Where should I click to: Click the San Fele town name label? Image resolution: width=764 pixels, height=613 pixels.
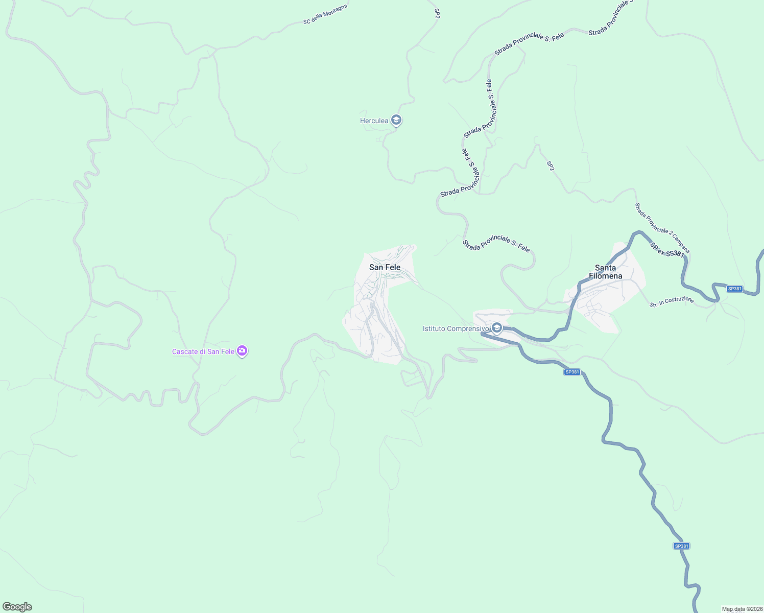click(385, 267)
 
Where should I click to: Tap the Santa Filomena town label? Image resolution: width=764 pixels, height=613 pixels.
click(606, 272)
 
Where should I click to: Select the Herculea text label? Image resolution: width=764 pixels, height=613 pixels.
click(374, 121)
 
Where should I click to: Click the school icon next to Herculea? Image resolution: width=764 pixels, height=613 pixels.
click(396, 121)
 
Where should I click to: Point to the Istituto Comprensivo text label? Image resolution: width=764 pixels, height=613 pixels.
click(456, 328)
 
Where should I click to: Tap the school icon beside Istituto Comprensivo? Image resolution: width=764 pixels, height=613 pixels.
click(496, 328)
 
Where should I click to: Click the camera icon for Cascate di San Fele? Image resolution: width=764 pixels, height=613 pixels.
click(242, 351)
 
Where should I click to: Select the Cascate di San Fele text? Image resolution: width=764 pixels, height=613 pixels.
click(203, 351)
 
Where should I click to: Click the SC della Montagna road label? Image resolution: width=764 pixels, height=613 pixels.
click(325, 14)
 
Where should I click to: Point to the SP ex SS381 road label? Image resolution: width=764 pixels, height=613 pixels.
click(667, 250)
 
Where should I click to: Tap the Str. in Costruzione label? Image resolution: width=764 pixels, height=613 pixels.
click(672, 301)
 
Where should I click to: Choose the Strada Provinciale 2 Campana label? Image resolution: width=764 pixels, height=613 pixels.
click(662, 228)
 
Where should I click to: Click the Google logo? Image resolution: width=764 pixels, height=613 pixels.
click(17, 607)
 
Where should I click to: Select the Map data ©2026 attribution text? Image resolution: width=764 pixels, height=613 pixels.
click(742, 609)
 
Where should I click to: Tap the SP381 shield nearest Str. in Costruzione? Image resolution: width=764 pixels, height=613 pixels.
click(734, 289)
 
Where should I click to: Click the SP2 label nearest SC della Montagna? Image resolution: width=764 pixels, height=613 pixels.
click(437, 13)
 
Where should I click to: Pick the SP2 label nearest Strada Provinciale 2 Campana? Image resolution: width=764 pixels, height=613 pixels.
click(550, 166)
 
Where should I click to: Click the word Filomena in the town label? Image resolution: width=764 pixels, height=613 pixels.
click(606, 276)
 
